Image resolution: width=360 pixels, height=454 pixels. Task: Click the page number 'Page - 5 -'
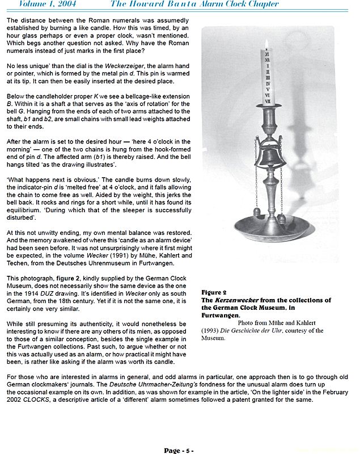pyautogui.click(x=179, y=451)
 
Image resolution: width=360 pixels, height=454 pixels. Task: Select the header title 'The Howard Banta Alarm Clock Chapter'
pyautogui.click(x=194, y=4)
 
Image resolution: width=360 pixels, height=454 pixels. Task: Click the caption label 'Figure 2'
pyautogui.click(x=214, y=293)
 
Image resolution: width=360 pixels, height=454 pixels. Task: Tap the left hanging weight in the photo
pyautogui.click(x=256, y=211)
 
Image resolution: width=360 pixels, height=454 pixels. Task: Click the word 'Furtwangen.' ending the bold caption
pyautogui.click(x=221, y=315)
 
